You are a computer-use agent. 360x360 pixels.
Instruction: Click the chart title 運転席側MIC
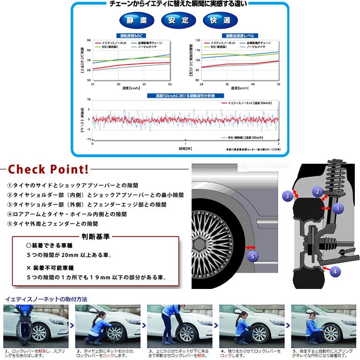[x=131, y=36]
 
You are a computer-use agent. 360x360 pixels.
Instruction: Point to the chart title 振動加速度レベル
[x=240, y=36]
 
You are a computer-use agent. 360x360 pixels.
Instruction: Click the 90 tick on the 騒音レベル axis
[x=89, y=41]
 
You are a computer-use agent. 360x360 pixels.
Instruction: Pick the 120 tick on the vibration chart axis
[x=198, y=41]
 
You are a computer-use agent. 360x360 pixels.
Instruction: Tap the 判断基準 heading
[x=95, y=237]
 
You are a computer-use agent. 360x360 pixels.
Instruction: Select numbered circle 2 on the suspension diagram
[x=317, y=191]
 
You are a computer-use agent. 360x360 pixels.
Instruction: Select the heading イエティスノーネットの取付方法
[x=45, y=299]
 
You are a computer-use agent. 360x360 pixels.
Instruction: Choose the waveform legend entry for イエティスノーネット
[x=251, y=102]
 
